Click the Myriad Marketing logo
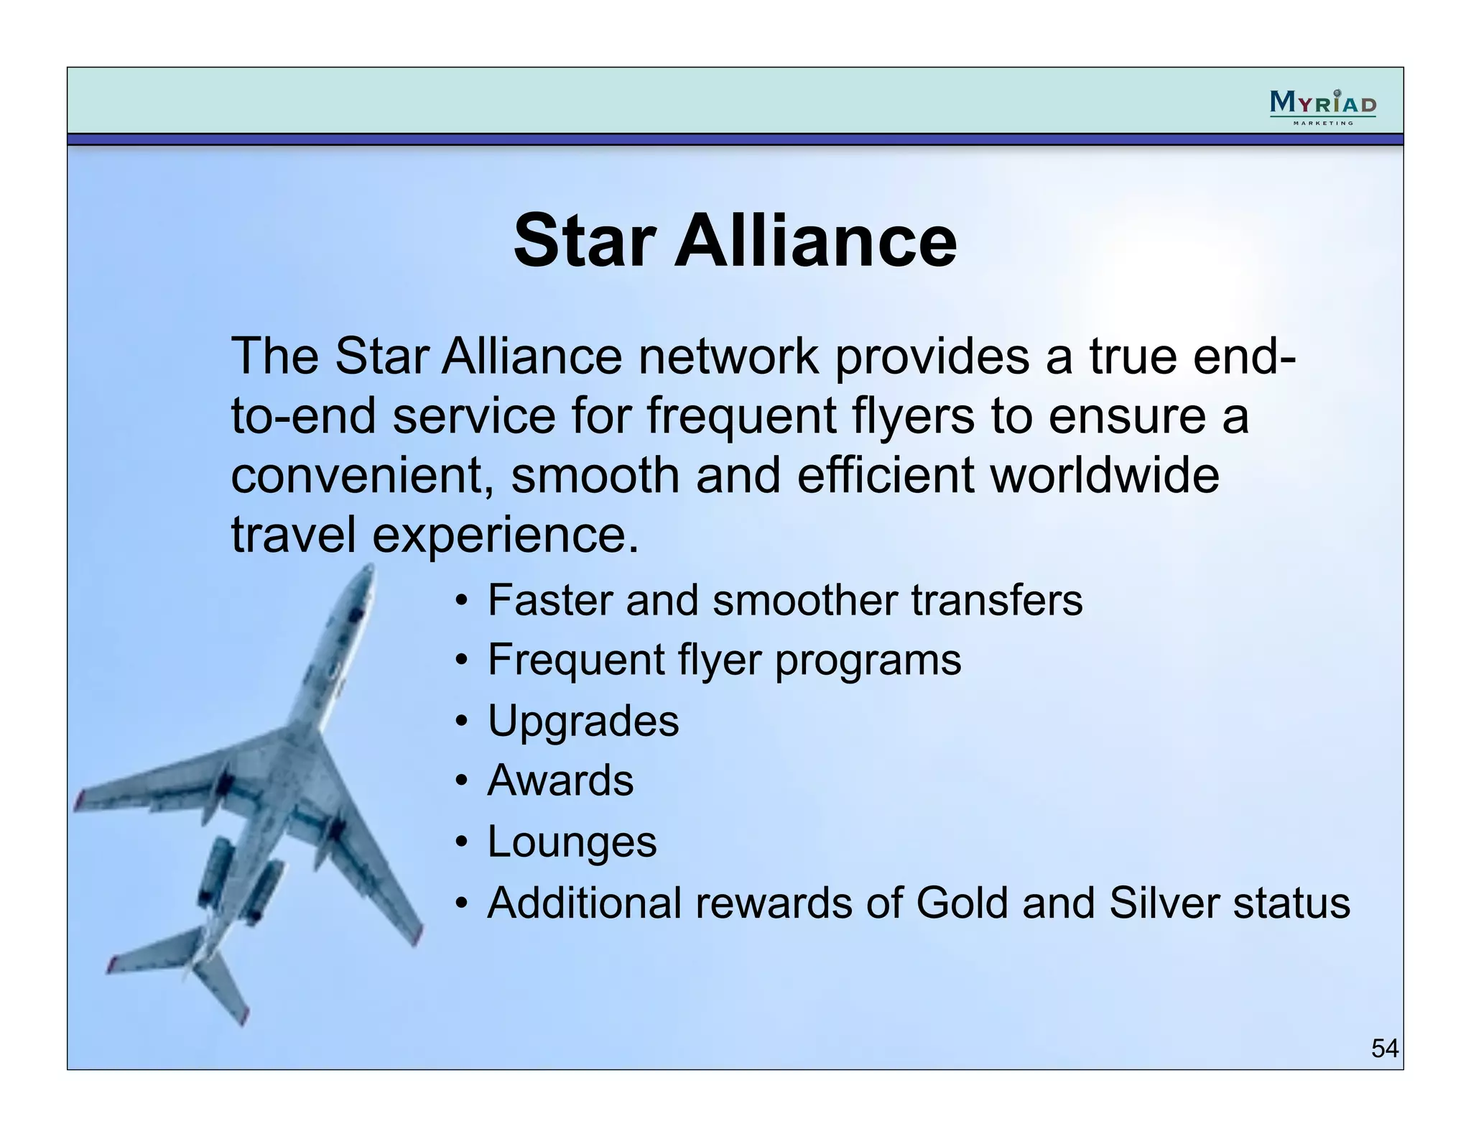pyautogui.click(x=1322, y=106)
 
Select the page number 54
pyautogui.click(x=1384, y=1049)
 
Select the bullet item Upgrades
pyautogui.click(x=583, y=721)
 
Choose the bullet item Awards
pyautogui.click(x=560, y=781)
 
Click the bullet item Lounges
pyautogui.click(x=572, y=842)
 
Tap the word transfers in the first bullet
pyautogui.click(x=996, y=600)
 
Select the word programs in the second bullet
pyautogui.click(x=867, y=660)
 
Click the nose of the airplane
pyautogui.click(x=368, y=571)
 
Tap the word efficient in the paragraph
pyautogui.click(x=885, y=476)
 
